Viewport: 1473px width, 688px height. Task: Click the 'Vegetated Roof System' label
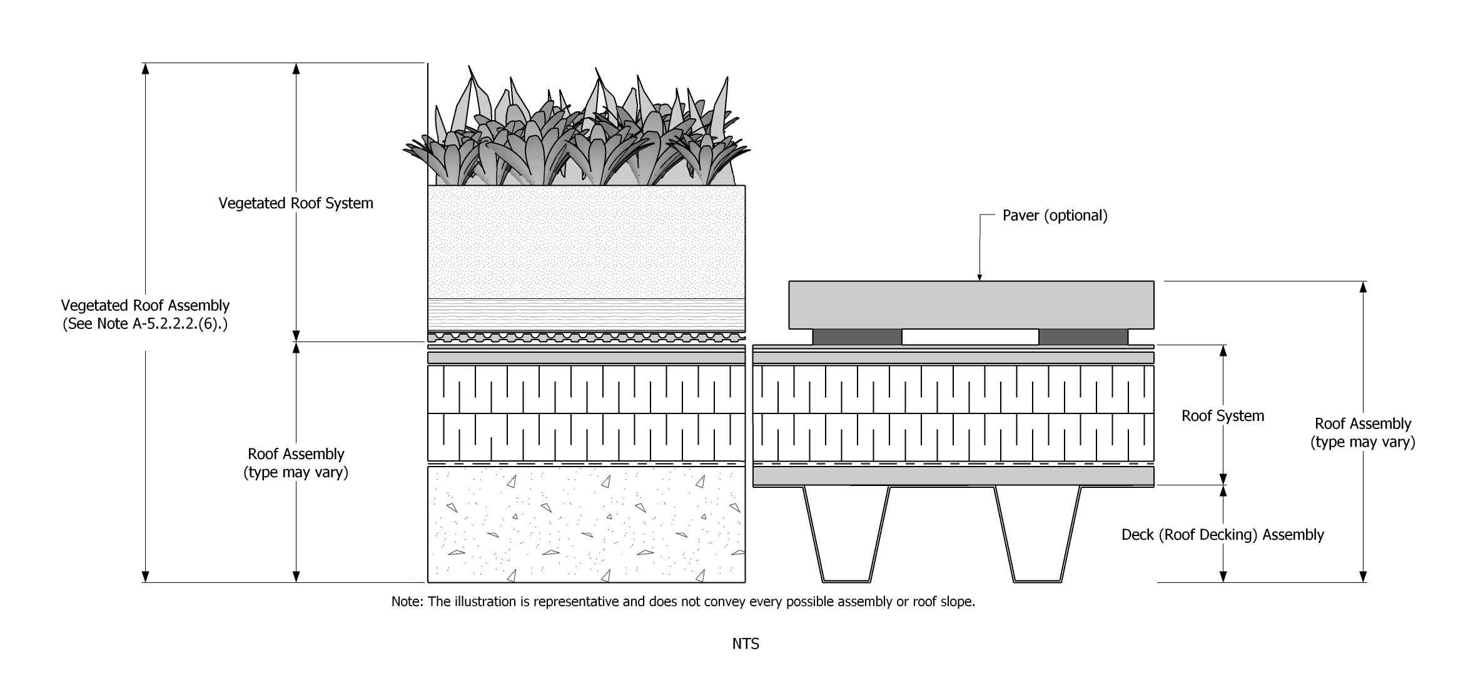pos(295,203)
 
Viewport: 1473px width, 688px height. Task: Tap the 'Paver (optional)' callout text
pos(1055,216)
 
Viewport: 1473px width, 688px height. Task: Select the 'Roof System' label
pos(1222,416)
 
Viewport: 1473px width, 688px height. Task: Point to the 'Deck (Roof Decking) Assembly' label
pos(1222,535)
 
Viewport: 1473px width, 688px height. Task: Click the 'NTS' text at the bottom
pos(746,644)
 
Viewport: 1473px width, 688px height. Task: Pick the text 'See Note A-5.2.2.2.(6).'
pos(145,324)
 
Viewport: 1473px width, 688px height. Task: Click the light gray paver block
pos(971,305)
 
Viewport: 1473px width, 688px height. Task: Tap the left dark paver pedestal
pos(857,337)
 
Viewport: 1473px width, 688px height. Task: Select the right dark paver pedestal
pos(1083,337)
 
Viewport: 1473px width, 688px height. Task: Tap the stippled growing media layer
pos(586,241)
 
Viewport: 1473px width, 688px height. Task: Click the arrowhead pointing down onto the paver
pos(979,276)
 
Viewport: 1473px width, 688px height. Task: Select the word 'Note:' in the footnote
pos(407,602)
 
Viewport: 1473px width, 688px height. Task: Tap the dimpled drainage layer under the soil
pos(586,338)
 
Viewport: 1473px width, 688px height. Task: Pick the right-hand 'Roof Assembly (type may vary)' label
pos(1362,433)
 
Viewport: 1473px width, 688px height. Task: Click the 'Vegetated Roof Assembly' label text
pos(145,306)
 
